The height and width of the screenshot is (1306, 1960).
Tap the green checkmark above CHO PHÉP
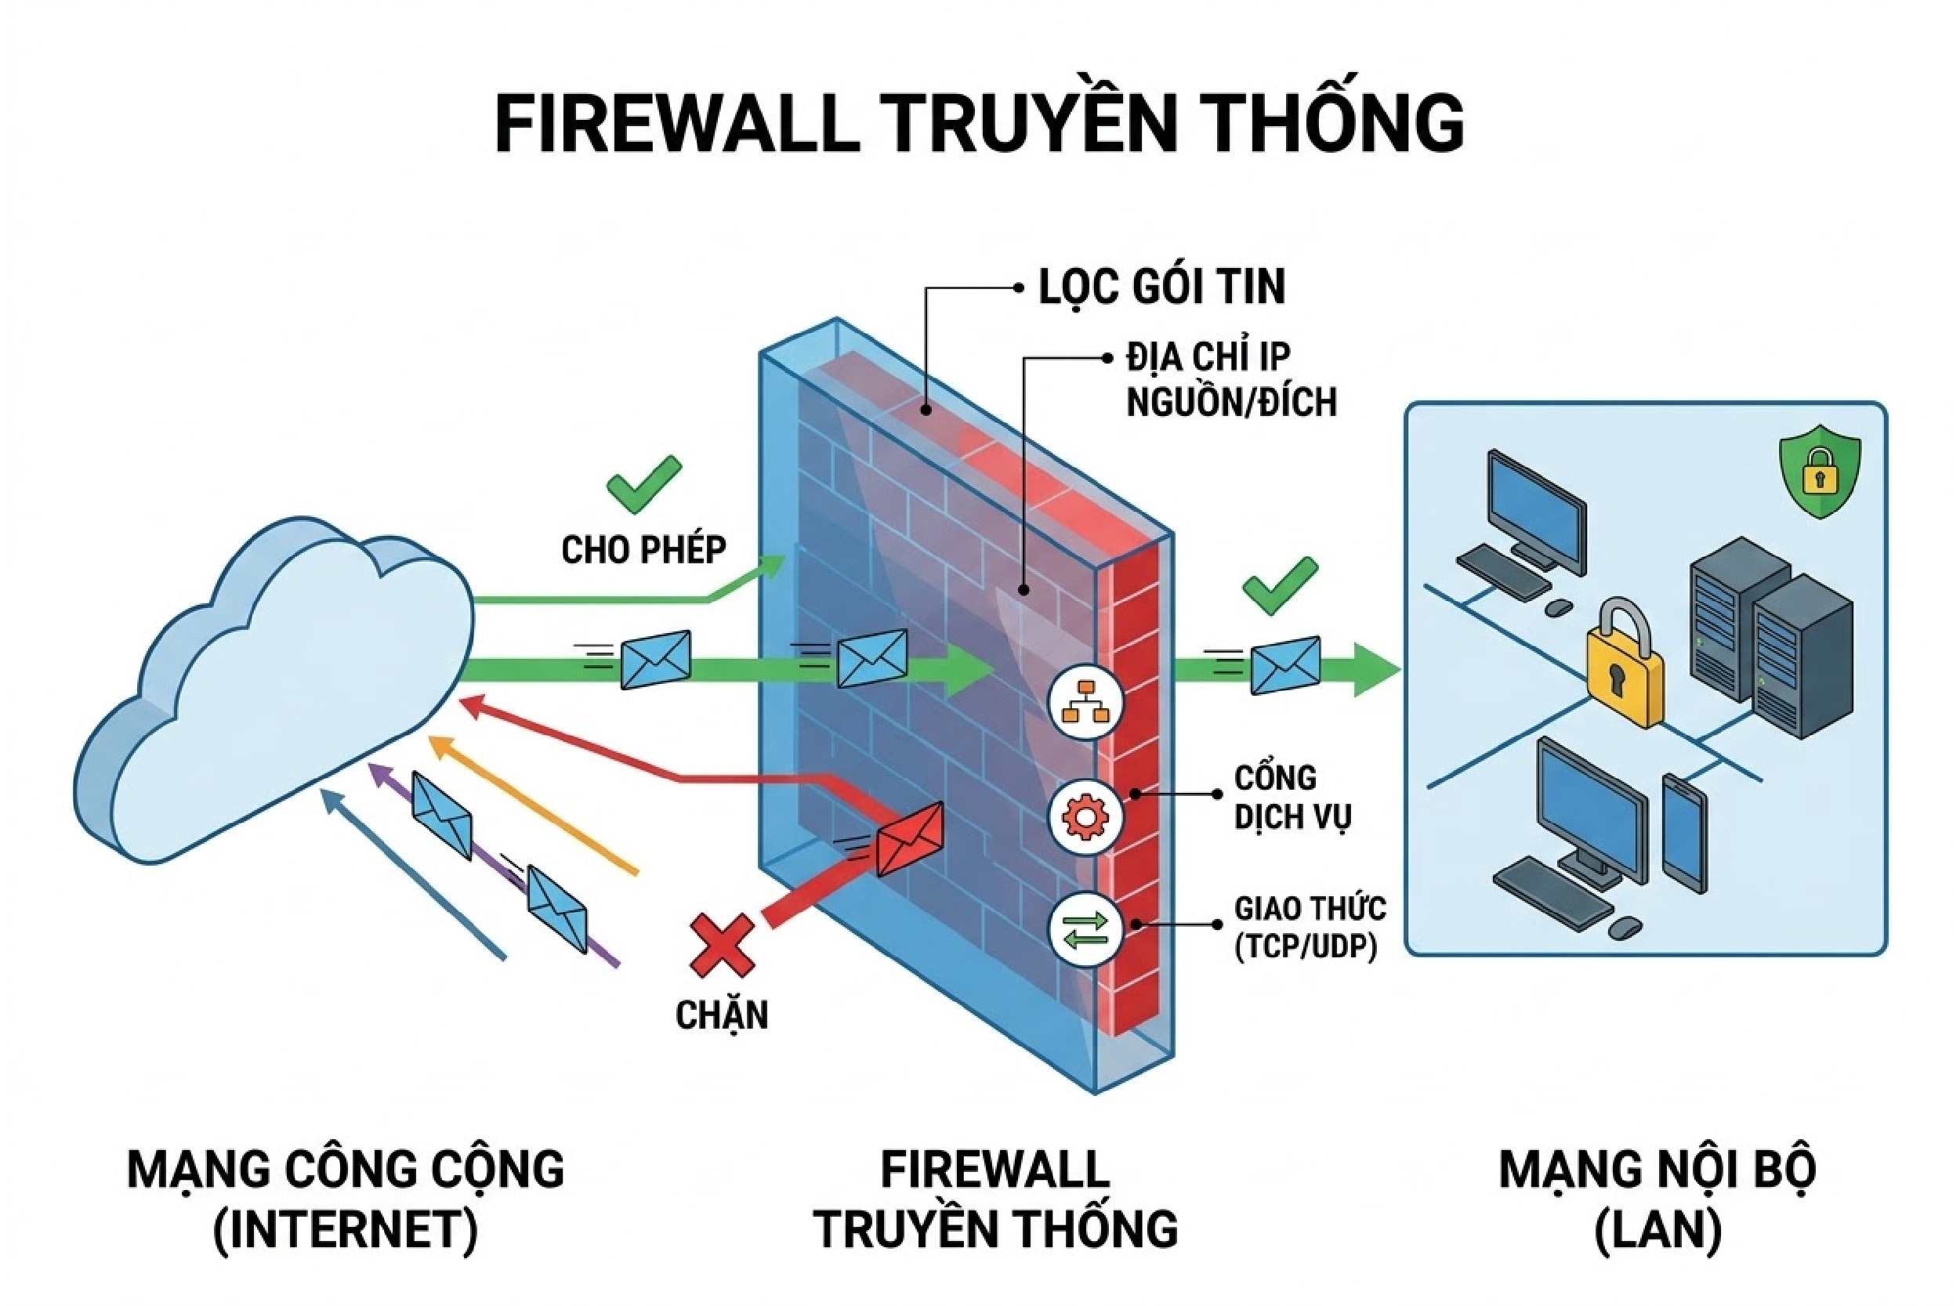[x=644, y=483]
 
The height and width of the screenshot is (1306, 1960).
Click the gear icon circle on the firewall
[x=1085, y=816]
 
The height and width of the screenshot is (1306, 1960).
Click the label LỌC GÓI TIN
[x=1161, y=288]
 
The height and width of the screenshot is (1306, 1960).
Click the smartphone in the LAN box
[x=1684, y=832]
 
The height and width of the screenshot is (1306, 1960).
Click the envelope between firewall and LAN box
[x=1285, y=664]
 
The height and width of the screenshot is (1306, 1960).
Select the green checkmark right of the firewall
[x=1280, y=585]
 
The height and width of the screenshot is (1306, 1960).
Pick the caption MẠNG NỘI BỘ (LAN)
[x=1657, y=1199]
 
